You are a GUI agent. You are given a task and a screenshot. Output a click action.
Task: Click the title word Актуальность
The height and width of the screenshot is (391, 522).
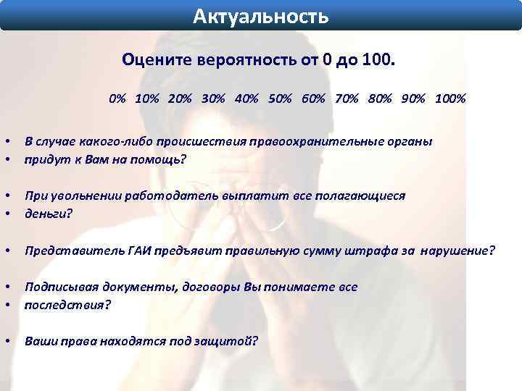(x=260, y=15)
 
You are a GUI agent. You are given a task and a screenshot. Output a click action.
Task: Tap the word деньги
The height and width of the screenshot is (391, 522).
(x=46, y=214)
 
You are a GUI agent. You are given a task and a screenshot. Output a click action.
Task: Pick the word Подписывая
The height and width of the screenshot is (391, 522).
(x=61, y=287)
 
